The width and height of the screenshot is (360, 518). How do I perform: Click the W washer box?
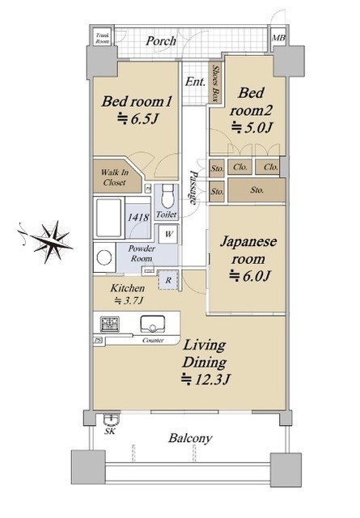(x=167, y=234)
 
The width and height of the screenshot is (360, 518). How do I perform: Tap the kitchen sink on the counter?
(x=153, y=325)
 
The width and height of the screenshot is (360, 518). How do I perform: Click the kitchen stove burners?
(x=108, y=325)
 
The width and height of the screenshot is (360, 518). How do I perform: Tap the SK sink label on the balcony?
(x=109, y=432)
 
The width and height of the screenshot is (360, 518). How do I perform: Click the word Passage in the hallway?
(x=193, y=186)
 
